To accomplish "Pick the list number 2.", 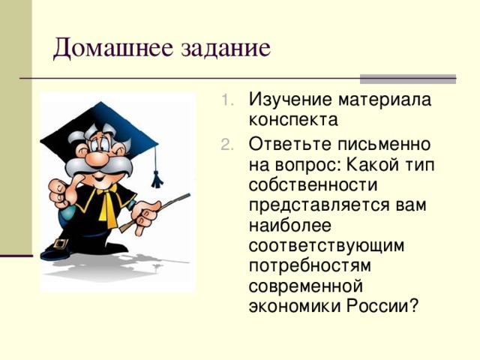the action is coord(226,145).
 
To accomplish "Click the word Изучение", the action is coord(290,100).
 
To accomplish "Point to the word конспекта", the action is coord(293,120).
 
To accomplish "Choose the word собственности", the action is coord(313,184).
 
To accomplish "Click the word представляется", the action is coord(319,205).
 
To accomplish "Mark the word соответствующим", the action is coord(326,245).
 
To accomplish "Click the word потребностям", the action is coord(310,265).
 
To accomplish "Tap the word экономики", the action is coord(295,306).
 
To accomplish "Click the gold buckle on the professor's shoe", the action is coord(60,244).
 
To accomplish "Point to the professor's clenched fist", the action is coord(60,191).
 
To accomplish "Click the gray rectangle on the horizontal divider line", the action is coord(408,79).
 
